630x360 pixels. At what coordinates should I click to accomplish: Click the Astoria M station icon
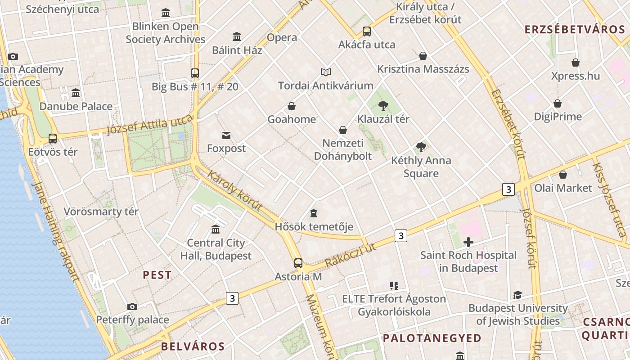tap(298, 263)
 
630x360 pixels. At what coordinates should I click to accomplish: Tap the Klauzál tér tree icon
tap(383, 106)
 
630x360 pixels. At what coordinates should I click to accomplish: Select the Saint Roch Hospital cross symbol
tap(468, 242)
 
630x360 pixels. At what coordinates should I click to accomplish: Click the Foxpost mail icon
tap(226, 135)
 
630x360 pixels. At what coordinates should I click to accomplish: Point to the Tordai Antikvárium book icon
tap(326, 72)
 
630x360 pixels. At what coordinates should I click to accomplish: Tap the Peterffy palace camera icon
tap(132, 306)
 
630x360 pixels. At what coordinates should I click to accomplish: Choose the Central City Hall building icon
tap(216, 229)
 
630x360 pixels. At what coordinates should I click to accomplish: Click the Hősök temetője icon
tap(314, 213)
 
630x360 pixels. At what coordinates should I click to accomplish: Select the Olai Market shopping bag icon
tap(563, 175)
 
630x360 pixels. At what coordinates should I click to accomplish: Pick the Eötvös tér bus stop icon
tap(53, 139)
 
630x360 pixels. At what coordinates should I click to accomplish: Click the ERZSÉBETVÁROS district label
tap(575, 30)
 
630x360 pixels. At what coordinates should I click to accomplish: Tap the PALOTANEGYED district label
tap(432, 338)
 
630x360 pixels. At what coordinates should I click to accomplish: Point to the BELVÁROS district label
tap(193, 346)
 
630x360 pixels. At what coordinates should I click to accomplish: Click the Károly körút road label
tap(234, 190)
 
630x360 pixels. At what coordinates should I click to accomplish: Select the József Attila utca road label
tap(149, 125)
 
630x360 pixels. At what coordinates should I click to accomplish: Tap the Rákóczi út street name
tap(350, 255)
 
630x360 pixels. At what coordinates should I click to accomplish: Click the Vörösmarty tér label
tap(101, 211)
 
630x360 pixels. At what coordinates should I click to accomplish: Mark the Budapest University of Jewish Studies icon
tap(517, 295)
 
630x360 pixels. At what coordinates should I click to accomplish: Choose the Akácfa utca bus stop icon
tap(367, 31)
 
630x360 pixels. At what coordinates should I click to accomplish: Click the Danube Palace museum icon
tap(76, 93)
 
